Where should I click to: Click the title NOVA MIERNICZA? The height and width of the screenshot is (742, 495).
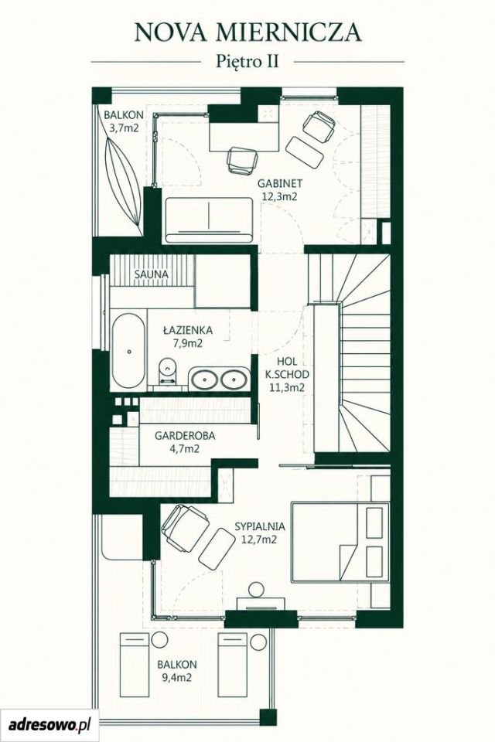tap(247, 32)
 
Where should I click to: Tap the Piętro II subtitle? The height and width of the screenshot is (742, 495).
tap(247, 62)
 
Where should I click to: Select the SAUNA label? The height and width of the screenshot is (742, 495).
tap(151, 274)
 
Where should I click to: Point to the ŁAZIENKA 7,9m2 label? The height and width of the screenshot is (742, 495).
tap(188, 336)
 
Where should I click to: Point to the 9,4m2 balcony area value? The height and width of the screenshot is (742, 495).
tap(176, 678)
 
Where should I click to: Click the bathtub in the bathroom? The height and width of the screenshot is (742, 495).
tap(128, 350)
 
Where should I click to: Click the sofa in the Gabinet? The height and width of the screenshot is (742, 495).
tap(209, 220)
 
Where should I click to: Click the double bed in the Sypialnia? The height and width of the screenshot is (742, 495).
tap(340, 542)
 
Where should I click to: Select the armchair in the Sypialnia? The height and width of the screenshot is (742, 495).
tap(185, 528)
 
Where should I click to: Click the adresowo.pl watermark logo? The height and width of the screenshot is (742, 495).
tap(49, 724)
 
